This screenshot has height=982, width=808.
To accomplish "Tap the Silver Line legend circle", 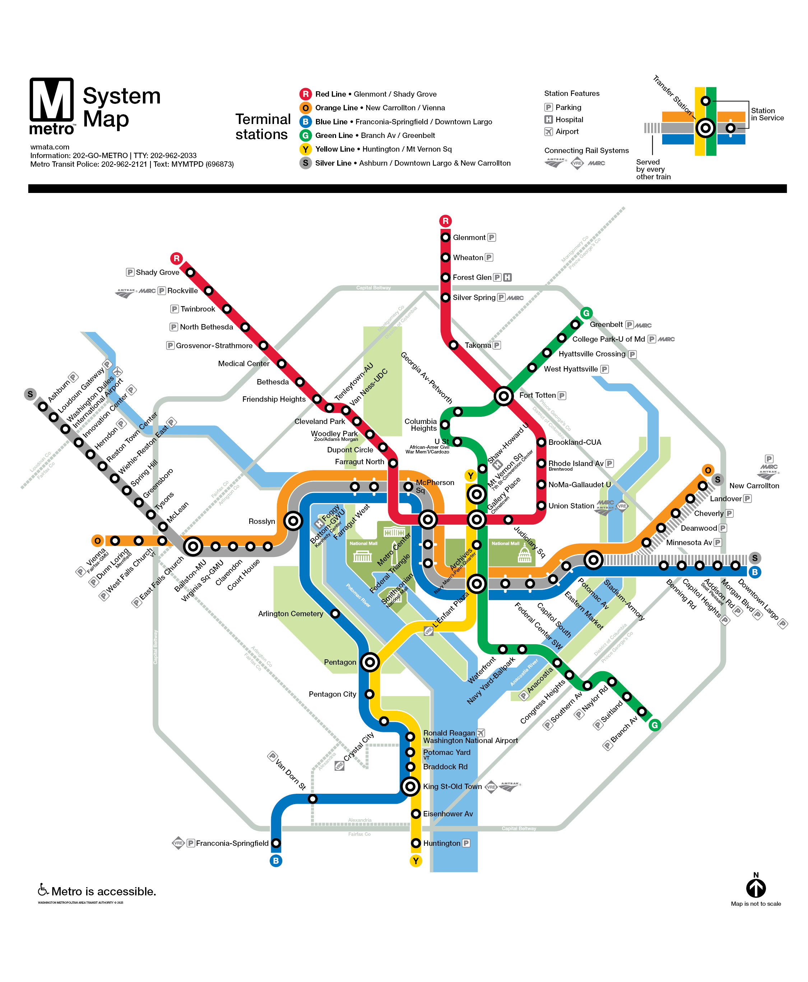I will (305, 163).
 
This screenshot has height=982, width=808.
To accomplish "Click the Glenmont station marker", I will (445, 238).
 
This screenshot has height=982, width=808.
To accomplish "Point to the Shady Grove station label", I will (157, 272).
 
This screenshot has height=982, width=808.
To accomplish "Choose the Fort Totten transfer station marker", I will (503, 396).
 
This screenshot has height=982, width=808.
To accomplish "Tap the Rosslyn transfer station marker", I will (293, 521).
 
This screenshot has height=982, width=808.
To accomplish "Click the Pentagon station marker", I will (370, 661).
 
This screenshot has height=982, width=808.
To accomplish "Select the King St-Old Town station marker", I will (410, 786).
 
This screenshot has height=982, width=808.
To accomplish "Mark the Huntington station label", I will (441, 843).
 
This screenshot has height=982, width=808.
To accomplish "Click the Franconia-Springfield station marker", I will (276, 843).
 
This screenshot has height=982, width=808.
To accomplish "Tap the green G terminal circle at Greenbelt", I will (586, 313).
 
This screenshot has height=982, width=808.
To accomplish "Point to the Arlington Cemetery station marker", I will (335, 613).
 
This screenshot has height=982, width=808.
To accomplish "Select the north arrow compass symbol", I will (756, 888).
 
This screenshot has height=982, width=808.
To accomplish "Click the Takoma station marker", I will (453, 345).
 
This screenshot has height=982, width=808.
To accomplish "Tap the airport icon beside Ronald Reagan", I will (481, 732).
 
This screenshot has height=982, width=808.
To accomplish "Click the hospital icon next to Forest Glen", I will (507, 277).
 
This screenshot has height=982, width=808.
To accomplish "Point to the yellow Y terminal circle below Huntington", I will (415, 861).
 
